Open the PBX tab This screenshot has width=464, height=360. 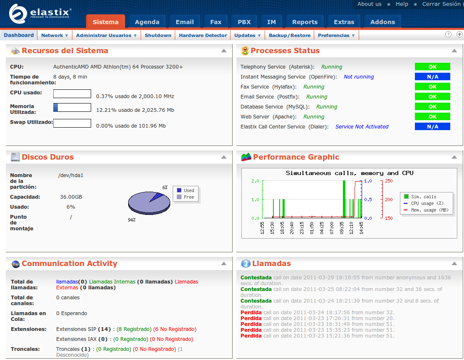(x=244, y=22)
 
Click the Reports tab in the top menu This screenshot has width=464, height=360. (x=305, y=22)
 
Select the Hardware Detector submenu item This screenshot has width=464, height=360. (x=203, y=35)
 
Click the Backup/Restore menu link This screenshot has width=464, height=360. (x=289, y=35)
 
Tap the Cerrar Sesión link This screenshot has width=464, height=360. (x=441, y=4)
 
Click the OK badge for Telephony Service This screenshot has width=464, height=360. (x=432, y=67)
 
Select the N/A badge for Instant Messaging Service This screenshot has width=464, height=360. (x=432, y=76)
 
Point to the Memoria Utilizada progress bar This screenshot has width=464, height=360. (x=72, y=108)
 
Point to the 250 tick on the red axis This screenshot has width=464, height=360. (x=389, y=181)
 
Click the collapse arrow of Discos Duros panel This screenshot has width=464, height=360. (x=224, y=157)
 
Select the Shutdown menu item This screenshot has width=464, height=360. (x=158, y=35)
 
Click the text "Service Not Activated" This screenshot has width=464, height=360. (x=362, y=126)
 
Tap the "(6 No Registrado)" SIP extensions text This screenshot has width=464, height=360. (x=175, y=329)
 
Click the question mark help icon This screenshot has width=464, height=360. (x=448, y=35)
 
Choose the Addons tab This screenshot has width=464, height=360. (x=382, y=22)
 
